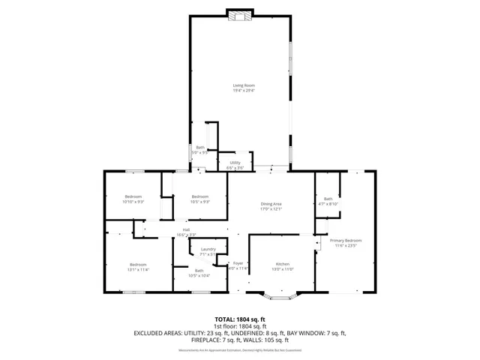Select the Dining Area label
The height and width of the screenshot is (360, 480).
pos(271,205)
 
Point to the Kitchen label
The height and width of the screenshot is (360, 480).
pos(283,265)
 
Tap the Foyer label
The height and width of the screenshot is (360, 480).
pos(238,265)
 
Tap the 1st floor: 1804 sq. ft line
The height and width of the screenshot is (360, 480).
pos(240,326)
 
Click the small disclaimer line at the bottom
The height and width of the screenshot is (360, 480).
pos(240,349)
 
